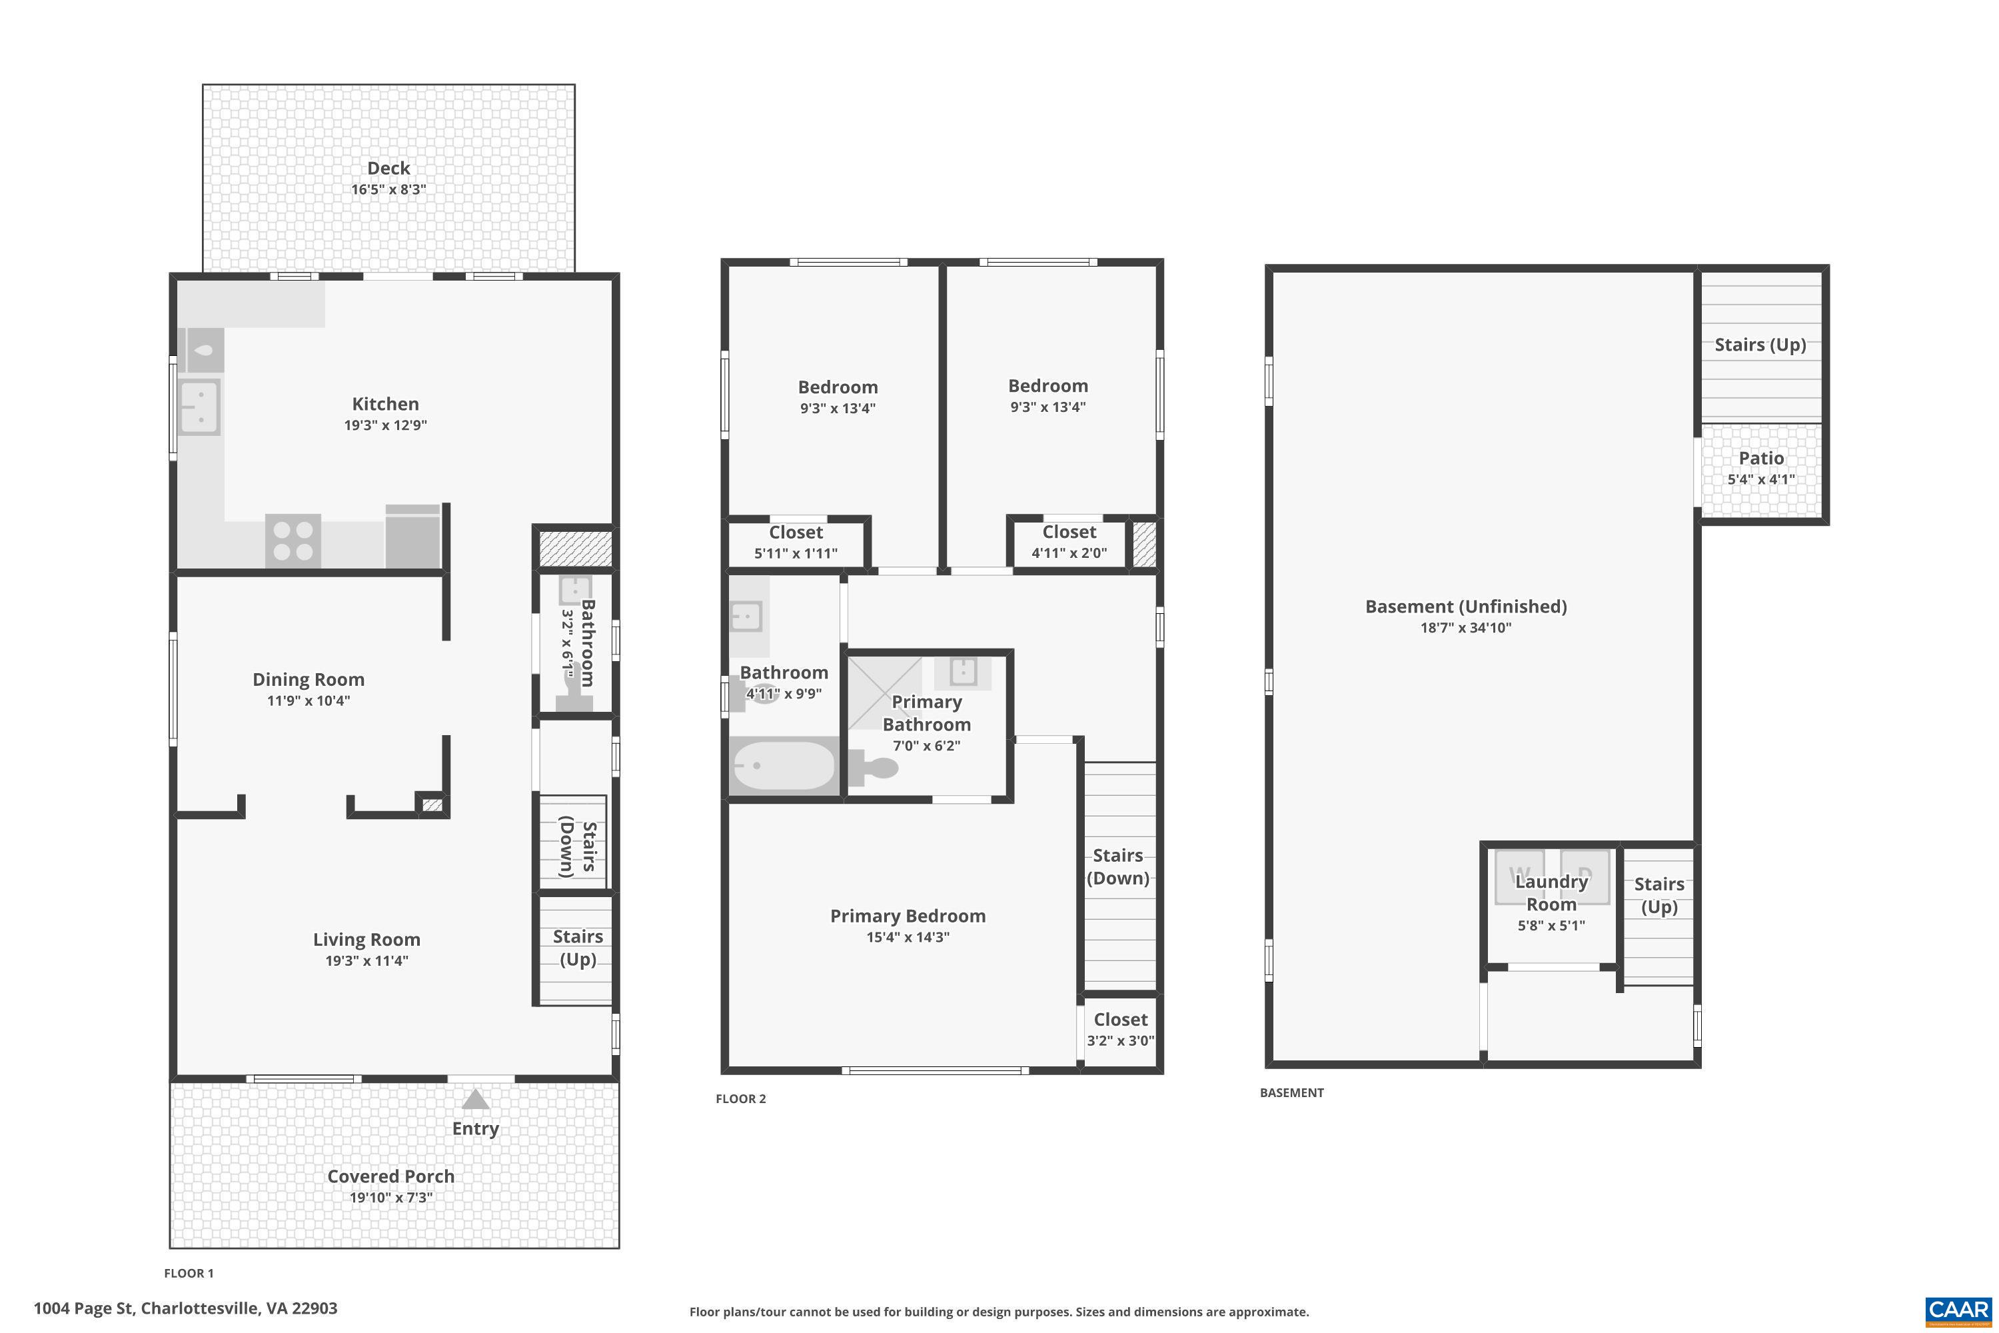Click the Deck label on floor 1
388,169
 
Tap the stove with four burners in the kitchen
293,541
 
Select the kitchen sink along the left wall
200,407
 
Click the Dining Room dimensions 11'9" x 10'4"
308,700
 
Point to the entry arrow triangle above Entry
475,1100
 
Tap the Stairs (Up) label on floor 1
577,947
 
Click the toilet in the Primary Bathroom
876,768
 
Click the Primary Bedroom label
907,916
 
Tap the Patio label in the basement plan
1760,459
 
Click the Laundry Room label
1551,892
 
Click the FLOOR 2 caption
740,1098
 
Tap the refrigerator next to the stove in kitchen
413,537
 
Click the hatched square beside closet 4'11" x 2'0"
1144,544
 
